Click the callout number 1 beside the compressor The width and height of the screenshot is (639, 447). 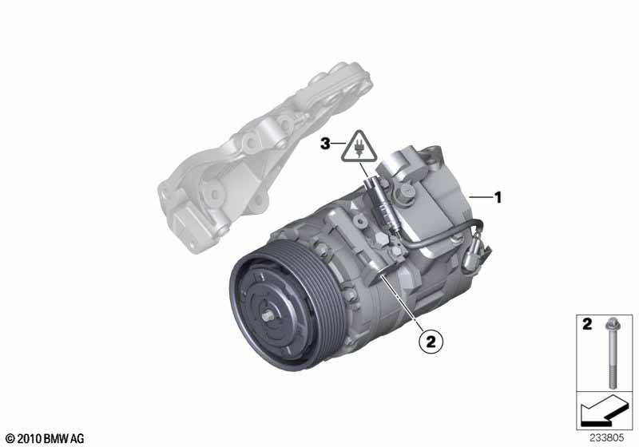coord(498,197)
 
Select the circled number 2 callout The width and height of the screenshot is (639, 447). coord(431,341)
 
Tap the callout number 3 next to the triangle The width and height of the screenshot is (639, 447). coord(325,144)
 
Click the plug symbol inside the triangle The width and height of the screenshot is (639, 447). coord(359,148)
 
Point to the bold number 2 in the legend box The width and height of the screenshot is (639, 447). coord(587,324)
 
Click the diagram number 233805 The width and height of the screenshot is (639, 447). coord(607,438)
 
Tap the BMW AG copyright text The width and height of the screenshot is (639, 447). coord(46,439)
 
